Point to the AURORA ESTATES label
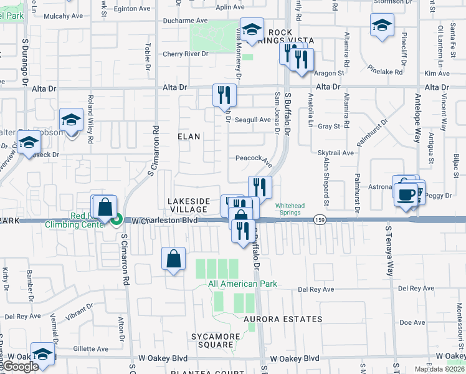pos(283,319)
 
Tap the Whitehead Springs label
pos(288,209)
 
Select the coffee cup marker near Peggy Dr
pos(405,194)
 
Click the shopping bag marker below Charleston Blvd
pos(174,258)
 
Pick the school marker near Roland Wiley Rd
pos(72,120)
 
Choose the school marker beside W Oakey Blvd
pos(42,354)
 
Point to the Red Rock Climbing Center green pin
pos(116,219)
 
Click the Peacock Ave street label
pos(254,159)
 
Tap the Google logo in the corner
pos(21,367)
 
